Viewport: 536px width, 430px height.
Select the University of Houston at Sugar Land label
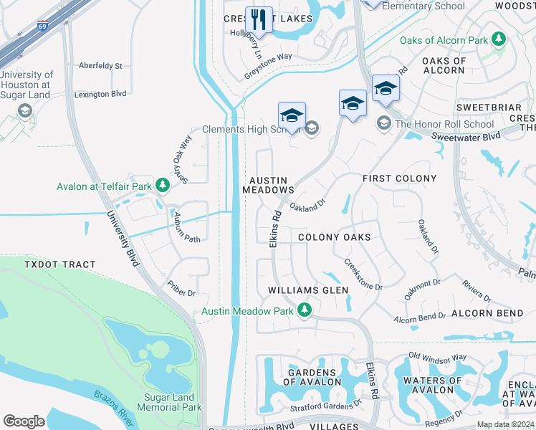(x=27, y=85)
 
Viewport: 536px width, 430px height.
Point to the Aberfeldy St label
(x=101, y=65)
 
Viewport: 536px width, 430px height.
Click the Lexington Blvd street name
(x=100, y=94)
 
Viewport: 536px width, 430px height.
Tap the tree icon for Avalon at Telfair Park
(x=163, y=186)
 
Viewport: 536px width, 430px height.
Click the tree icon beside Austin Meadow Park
(x=305, y=311)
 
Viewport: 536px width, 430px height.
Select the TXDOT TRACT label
(x=59, y=264)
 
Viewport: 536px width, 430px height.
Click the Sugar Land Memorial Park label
(x=163, y=401)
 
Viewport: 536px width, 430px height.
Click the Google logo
(x=24, y=421)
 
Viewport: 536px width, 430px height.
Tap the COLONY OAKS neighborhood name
(x=334, y=237)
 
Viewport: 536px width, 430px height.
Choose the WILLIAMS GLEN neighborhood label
(x=308, y=290)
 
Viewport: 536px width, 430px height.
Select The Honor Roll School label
(x=444, y=124)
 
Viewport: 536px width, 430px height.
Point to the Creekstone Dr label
(x=363, y=275)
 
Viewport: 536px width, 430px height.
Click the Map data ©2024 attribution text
(x=506, y=425)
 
